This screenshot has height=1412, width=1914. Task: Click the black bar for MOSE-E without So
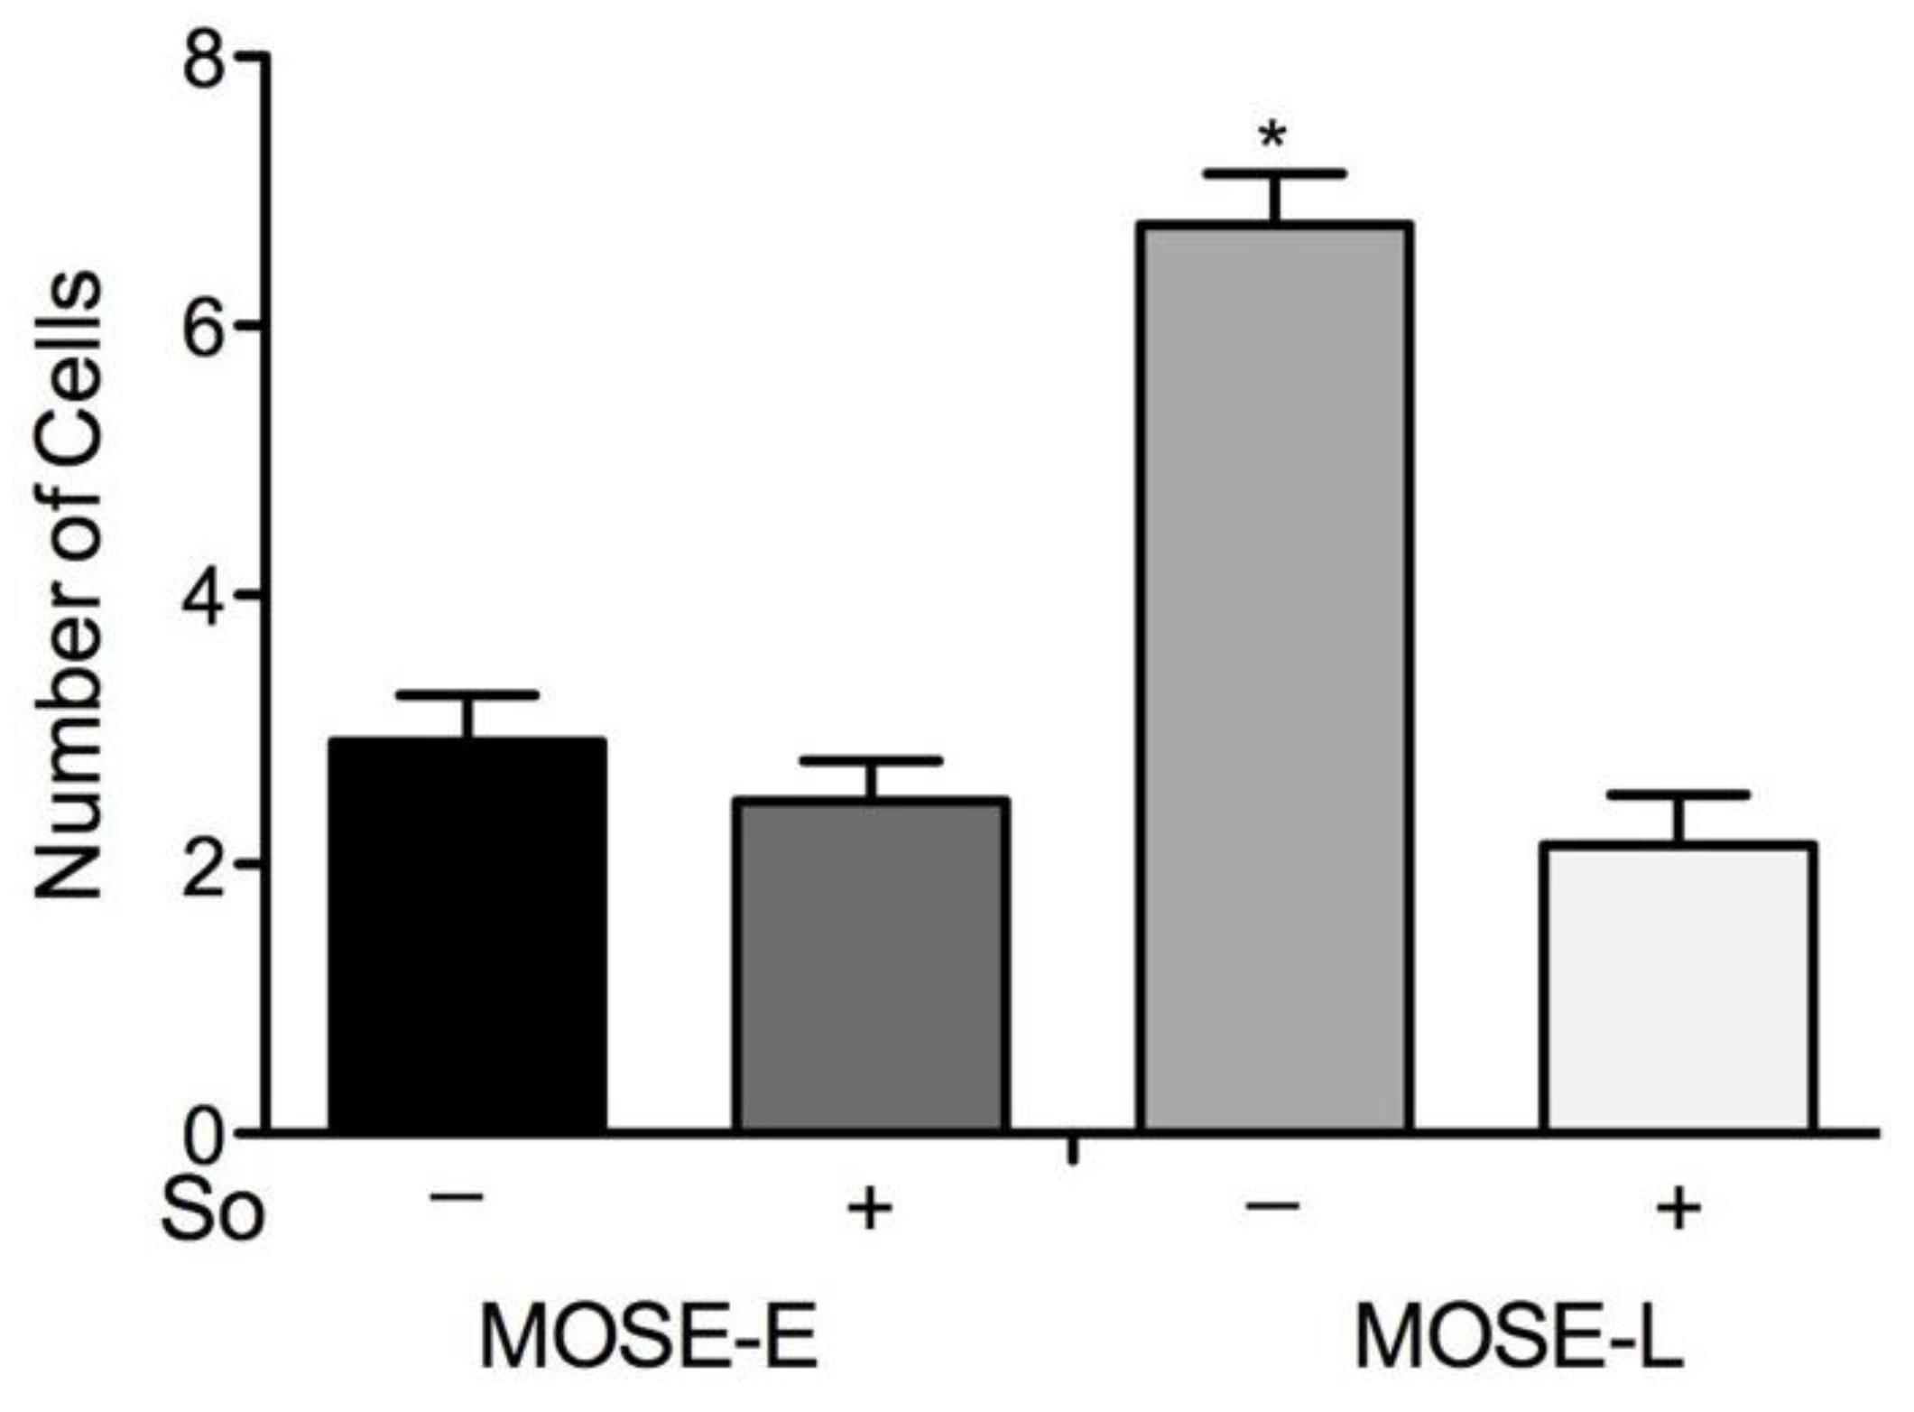pos(467,934)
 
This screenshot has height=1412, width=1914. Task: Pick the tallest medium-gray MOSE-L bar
pos(1273,677)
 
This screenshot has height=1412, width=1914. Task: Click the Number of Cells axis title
pos(69,587)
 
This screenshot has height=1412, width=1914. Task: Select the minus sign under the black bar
pos(457,1198)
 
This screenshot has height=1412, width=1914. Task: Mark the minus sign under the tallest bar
pos(1272,1204)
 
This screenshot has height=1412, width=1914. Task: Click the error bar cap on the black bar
pos(467,694)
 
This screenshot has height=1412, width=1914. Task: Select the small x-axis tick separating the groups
pos(1072,1150)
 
